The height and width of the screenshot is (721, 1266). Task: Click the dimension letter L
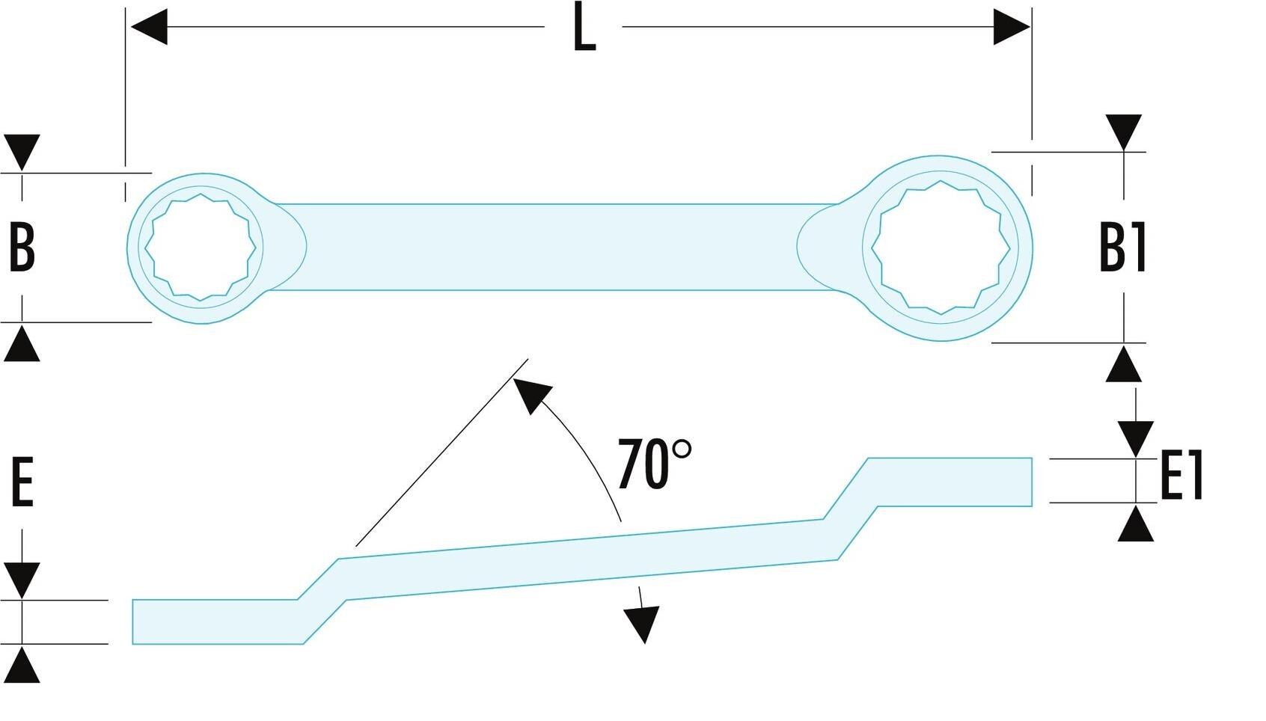pyautogui.click(x=584, y=28)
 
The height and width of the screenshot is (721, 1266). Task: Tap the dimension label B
pyautogui.click(x=22, y=248)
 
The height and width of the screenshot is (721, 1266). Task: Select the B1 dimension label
pyautogui.click(x=1123, y=248)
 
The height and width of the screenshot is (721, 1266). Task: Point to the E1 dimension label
pyautogui.click(x=1181, y=476)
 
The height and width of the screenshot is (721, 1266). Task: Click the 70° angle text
pyautogui.click(x=655, y=464)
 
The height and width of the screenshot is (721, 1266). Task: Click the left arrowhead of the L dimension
pyautogui.click(x=149, y=27)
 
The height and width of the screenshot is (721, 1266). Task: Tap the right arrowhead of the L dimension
pyautogui.click(x=1012, y=27)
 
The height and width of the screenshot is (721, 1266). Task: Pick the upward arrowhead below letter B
pyautogui.click(x=22, y=343)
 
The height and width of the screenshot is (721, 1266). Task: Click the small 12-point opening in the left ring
pyautogui.click(x=201, y=247)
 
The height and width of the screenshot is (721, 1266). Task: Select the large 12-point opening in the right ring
pyautogui.click(x=941, y=248)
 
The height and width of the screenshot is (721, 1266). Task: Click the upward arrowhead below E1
pyautogui.click(x=1136, y=524)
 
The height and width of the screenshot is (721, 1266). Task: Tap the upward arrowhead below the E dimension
pyautogui.click(x=22, y=665)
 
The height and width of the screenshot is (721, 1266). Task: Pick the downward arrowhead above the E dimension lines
pyautogui.click(x=22, y=581)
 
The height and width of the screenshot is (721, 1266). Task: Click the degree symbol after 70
pyautogui.click(x=682, y=450)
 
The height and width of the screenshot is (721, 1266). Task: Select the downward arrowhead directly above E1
pyautogui.click(x=1136, y=439)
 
